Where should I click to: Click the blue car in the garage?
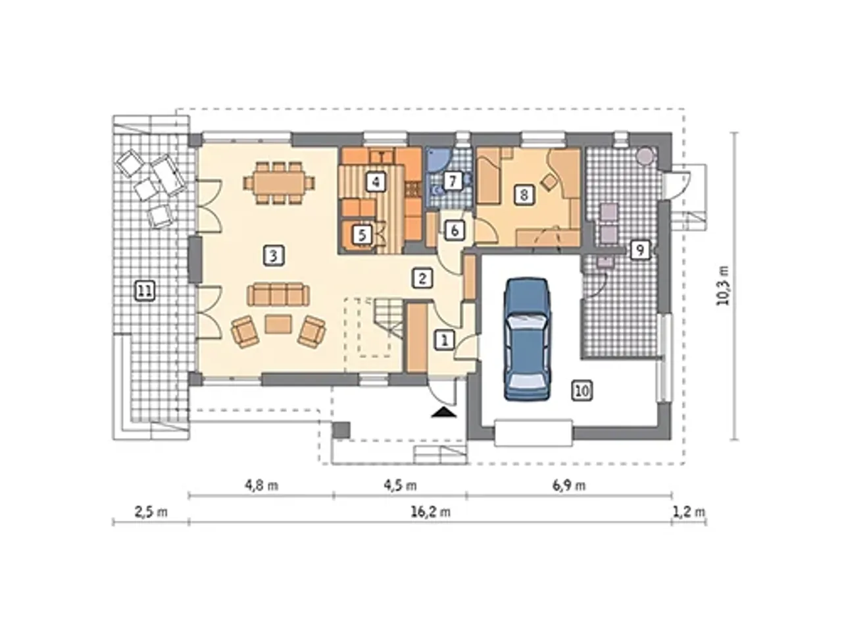[x=528, y=339]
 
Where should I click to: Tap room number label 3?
[x=274, y=255]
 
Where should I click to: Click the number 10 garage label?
[x=582, y=390]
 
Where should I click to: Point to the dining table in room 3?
[x=279, y=182]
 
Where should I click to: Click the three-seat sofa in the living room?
[x=278, y=294]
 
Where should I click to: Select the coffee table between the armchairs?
[x=278, y=324]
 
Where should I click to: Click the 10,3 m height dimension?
[x=723, y=286]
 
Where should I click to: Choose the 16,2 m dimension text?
[x=430, y=512]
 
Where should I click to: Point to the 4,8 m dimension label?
[x=262, y=485]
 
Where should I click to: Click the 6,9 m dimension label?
[x=569, y=485]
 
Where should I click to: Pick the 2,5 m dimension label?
[x=151, y=512]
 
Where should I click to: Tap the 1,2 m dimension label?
[x=689, y=512]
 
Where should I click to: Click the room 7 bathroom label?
[x=453, y=181]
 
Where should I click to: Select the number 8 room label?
[x=524, y=195]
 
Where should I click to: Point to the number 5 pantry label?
[x=362, y=235]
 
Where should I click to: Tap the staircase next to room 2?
[x=387, y=317]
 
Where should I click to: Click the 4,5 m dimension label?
[x=400, y=485]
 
